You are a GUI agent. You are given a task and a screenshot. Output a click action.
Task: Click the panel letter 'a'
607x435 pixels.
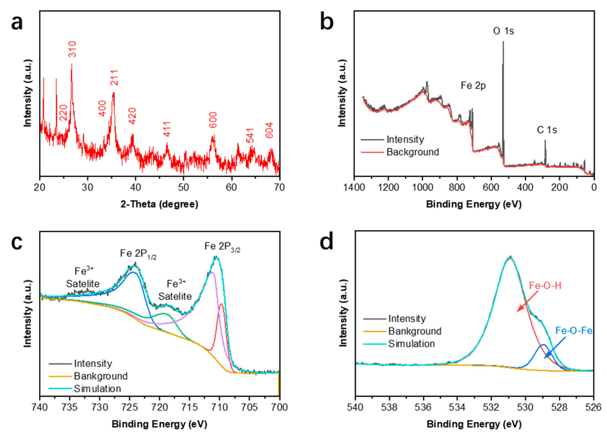[17, 23]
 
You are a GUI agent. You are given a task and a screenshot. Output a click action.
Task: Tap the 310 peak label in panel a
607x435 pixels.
[72, 49]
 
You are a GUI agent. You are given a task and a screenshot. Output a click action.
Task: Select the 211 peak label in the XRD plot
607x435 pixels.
[114, 78]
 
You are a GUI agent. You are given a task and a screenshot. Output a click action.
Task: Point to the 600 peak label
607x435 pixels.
[213, 120]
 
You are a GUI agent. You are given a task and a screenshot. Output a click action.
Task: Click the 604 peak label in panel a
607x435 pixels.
[269, 130]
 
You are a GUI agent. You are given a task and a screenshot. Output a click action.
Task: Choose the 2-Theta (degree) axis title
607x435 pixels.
[160, 204]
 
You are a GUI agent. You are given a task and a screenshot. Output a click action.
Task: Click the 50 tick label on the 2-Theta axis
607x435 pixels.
[183, 187]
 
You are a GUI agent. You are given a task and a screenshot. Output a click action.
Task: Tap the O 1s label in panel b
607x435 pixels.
[503, 31]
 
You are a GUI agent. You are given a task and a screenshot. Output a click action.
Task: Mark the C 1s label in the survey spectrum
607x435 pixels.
[547, 130]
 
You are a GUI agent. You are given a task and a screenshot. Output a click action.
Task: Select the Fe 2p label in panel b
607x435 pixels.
[473, 86]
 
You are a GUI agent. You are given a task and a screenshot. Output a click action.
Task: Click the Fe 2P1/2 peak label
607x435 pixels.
[138, 254]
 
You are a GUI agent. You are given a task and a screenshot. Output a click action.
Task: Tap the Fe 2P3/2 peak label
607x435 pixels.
[222, 246]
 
